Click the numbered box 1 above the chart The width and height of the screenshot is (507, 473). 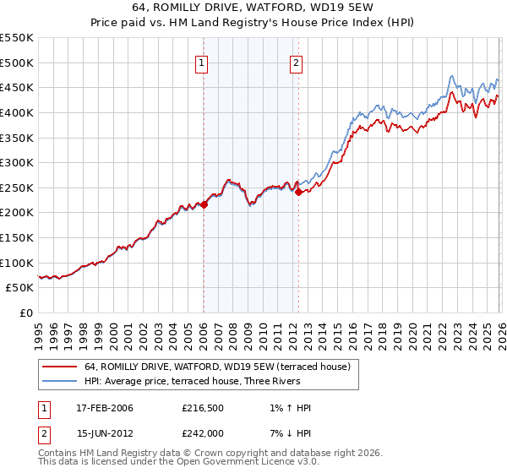[x=203, y=62]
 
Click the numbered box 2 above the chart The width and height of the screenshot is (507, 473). [x=297, y=62]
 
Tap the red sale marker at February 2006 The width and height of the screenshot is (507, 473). [x=204, y=204]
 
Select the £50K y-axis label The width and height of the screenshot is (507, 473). [x=19, y=288]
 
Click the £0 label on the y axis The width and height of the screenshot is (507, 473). [x=25, y=313]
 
